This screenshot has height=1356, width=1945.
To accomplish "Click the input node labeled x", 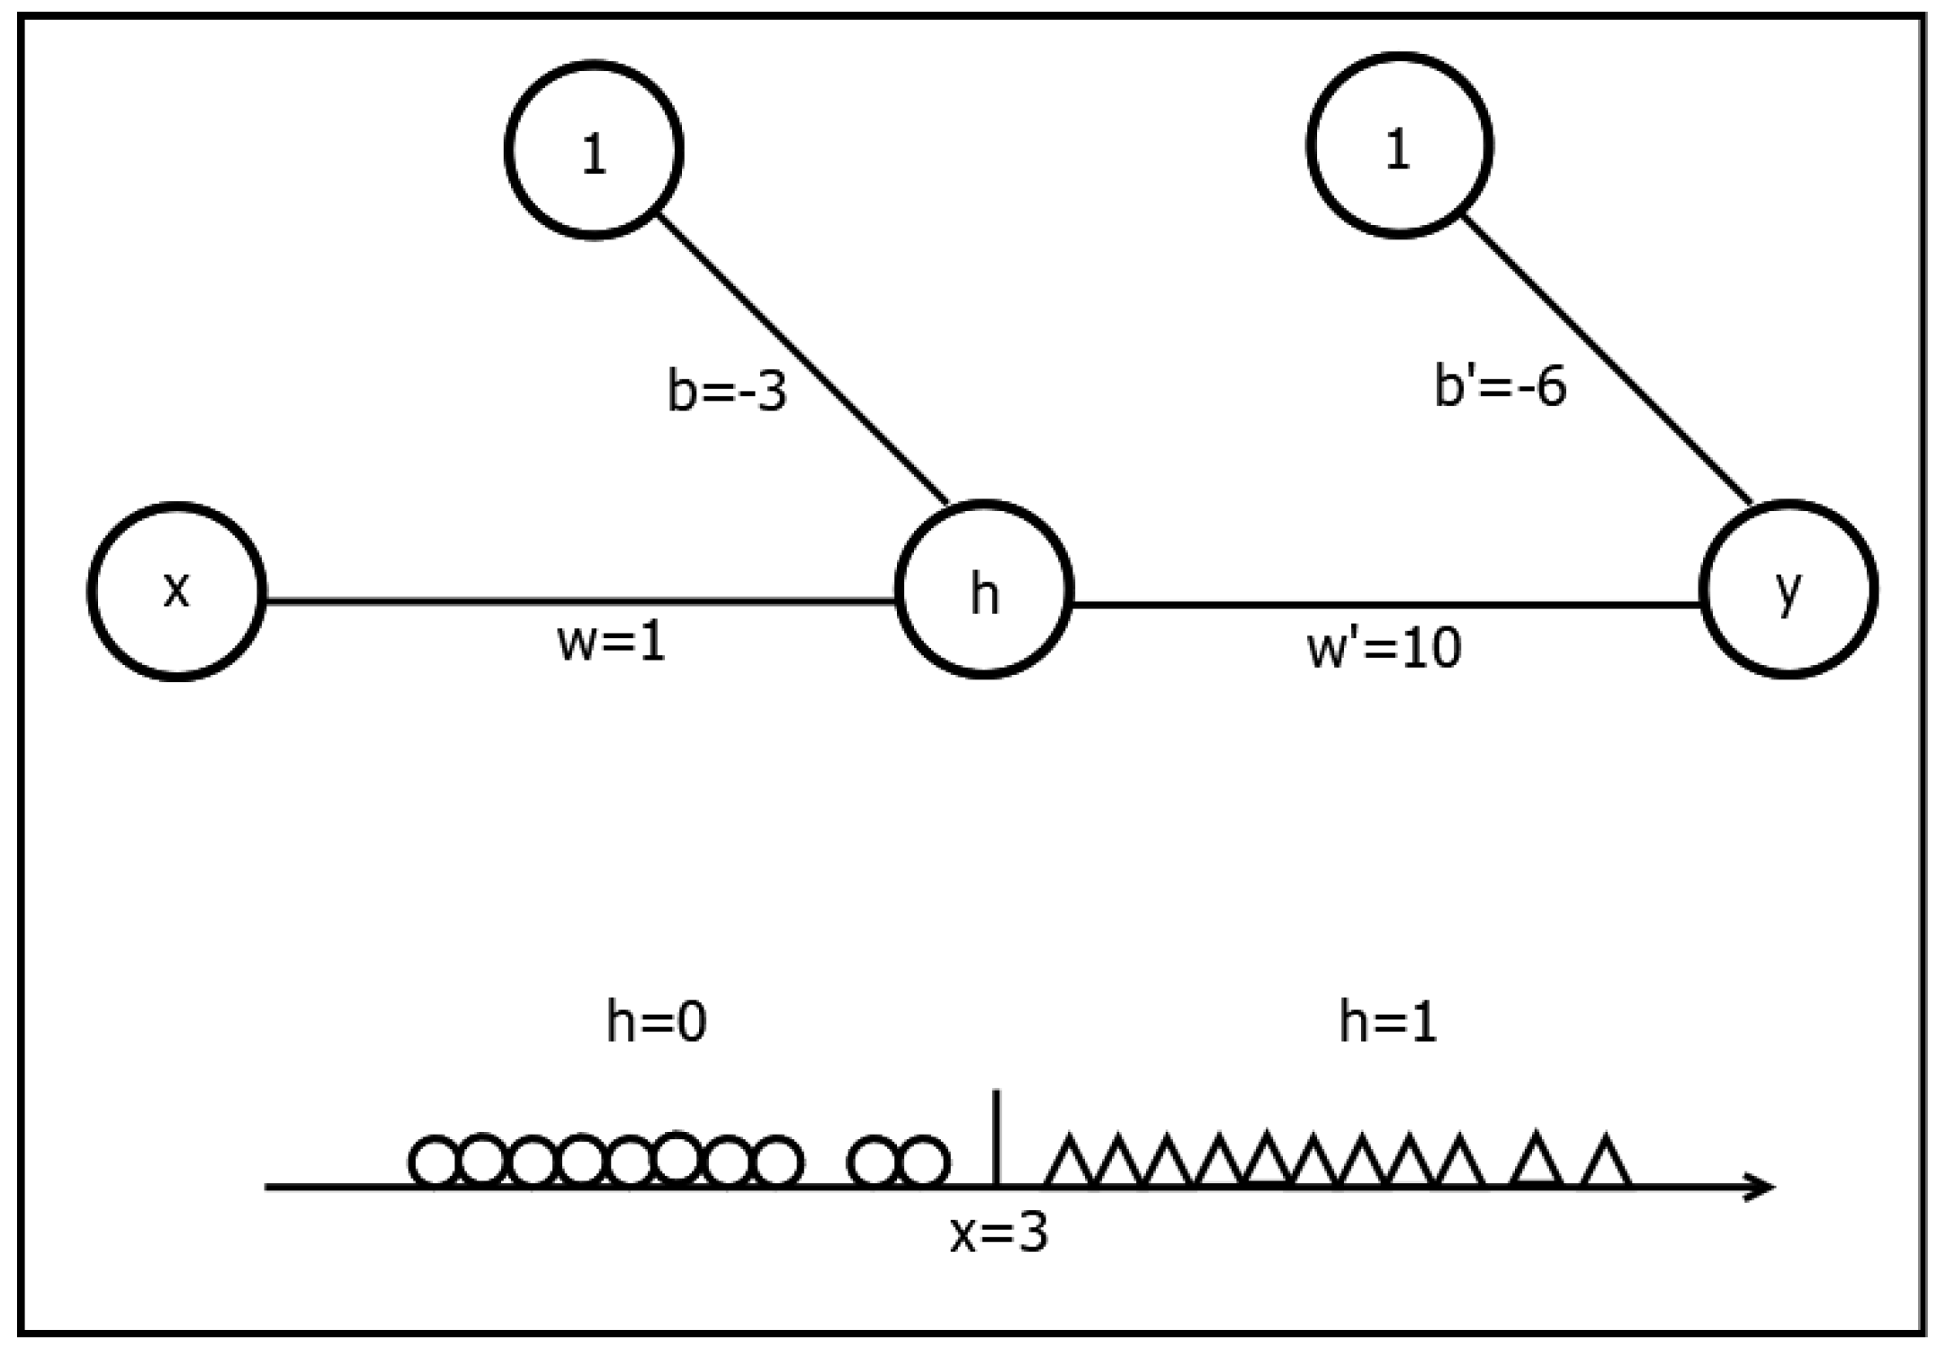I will pyautogui.click(x=176, y=591).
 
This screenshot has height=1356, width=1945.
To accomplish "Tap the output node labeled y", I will pyautogui.click(x=1788, y=589).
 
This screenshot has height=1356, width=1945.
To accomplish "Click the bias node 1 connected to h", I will pyautogui.click(x=594, y=149).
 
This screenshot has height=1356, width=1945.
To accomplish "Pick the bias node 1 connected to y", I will pyautogui.click(x=1399, y=146).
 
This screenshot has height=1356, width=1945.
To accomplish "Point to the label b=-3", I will pyautogui.click(x=727, y=392).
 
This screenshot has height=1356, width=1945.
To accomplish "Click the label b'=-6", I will pyautogui.click(x=1500, y=387).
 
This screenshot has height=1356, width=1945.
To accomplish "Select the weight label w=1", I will pyautogui.click(x=612, y=642).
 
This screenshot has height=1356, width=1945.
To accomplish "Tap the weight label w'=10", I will pyautogui.click(x=1384, y=647).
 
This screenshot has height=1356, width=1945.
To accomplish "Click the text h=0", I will pyautogui.click(x=656, y=1023).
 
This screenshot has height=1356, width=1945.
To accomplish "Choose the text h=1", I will pyautogui.click(x=1387, y=1023).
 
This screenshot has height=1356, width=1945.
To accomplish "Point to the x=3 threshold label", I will pyautogui.click(x=999, y=1233).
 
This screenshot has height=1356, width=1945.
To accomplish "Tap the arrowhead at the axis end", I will pyautogui.click(x=1761, y=1187).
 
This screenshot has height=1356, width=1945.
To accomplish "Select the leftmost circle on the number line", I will pyautogui.click(x=435, y=1162).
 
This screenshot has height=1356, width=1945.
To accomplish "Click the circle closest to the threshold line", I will pyautogui.click(x=924, y=1162).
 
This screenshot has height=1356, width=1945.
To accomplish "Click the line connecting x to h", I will pyautogui.click(x=576, y=601).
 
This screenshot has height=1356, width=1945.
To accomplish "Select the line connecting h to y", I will pyautogui.click(x=1385, y=605).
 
